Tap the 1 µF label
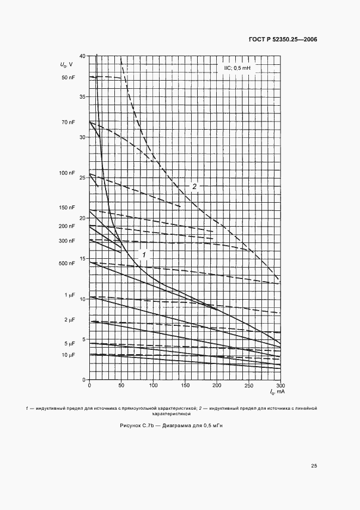pyautogui.click(x=69, y=295)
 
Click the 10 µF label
pyautogui.click(x=68, y=355)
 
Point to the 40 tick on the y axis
pyautogui.click(x=82, y=56)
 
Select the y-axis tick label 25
pyautogui.click(x=82, y=178)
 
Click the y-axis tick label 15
pyautogui.click(x=82, y=259)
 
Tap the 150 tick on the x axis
pyautogui.click(x=185, y=386)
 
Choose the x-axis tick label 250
pyautogui.click(x=248, y=386)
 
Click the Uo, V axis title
pyautogui.click(x=67, y=65)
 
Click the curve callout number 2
pyautogui.click(x=194, y=186)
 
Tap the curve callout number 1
pyautogui.click(x=144, y=254)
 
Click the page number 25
pyautogui.click(x=314, y=465)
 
